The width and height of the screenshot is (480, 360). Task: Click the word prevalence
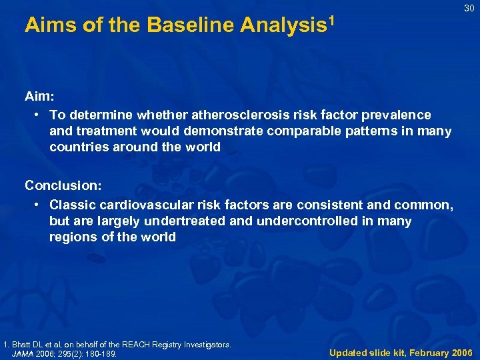[400, 115]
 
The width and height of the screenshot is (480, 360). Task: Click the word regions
[73, 237]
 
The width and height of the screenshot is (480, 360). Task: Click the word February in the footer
[421, 352]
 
